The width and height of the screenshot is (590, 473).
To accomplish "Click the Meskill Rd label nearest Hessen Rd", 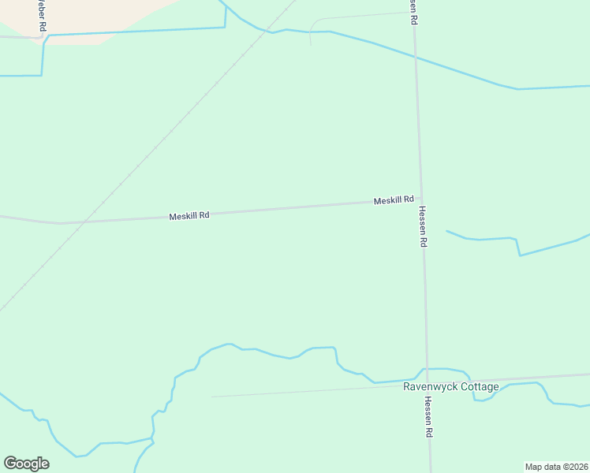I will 394,200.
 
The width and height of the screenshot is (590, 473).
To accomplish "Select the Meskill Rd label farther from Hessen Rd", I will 189,215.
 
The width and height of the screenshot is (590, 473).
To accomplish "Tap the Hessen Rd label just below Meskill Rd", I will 423,227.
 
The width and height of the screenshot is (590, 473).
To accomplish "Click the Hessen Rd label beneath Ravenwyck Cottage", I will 428,417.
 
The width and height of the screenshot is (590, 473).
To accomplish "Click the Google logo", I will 26,464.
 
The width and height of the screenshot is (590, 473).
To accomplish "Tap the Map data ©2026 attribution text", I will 556,467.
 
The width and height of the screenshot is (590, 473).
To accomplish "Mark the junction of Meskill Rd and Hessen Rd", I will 420,199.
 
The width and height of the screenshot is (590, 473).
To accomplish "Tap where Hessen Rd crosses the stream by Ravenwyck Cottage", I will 427,369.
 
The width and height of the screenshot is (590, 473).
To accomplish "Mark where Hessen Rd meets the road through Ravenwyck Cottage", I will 427,382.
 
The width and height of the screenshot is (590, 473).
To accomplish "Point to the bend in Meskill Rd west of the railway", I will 59,223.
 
